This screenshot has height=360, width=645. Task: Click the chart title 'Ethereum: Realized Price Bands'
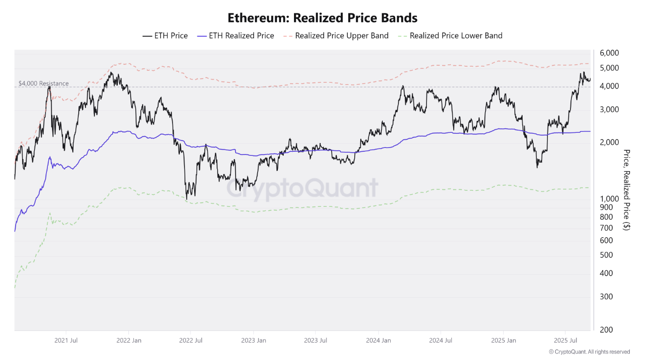click(x=322, y=18)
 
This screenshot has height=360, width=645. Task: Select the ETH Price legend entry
click(x=166, y=35)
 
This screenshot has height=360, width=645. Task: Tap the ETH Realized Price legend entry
click(x=236, y=35)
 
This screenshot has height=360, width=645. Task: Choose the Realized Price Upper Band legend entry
click(x=336, y=35)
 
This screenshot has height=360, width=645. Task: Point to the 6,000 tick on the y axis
click(x=610, y=53)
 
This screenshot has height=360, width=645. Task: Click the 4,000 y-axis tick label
click(x=610, y=86)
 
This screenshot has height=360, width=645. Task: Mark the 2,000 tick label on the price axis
click(x=610, y=143)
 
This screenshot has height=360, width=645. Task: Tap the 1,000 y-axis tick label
click(x=610, y=199)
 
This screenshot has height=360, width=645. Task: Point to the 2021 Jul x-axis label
click(x=66, y=341)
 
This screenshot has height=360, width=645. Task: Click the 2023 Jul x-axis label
click(x=316, y=341)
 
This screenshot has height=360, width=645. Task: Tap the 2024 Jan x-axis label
click(x=378, y=341)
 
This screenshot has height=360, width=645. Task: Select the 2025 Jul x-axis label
click(x=565, y=341)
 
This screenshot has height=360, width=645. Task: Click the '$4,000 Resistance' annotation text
click(x=44, y=83)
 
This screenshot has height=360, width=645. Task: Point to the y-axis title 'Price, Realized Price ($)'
click(x=626, y=189)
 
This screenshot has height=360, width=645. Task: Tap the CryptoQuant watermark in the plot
click(x=302, y=188)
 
